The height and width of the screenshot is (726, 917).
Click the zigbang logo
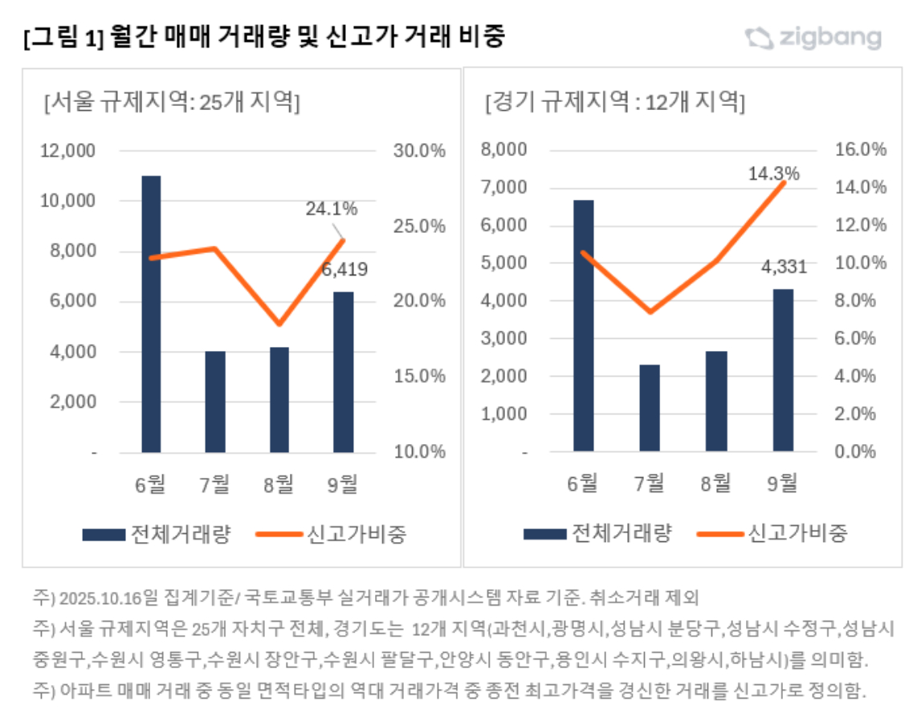813,37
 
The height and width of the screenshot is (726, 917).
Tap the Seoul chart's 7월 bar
215,402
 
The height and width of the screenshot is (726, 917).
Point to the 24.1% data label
331,209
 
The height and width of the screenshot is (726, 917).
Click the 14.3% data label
774,173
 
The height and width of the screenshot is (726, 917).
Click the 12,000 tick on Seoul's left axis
67,151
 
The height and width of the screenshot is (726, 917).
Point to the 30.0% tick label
418,151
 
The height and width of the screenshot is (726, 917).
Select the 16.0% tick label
862,149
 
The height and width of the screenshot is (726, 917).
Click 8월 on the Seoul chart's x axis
279,483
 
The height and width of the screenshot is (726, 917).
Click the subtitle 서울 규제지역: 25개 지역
172,103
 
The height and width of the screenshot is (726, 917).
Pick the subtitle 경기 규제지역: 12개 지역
615,103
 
